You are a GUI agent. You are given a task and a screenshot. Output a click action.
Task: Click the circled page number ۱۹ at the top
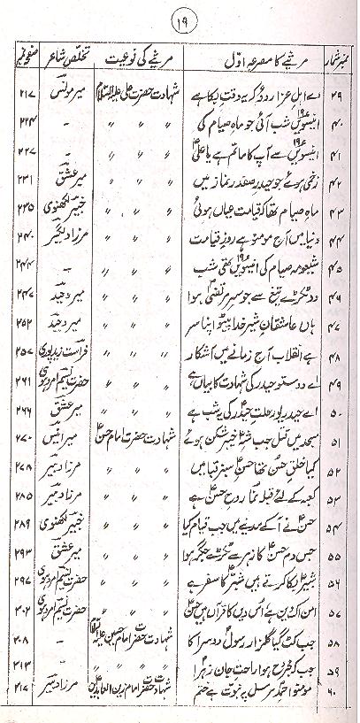point(180,15)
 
